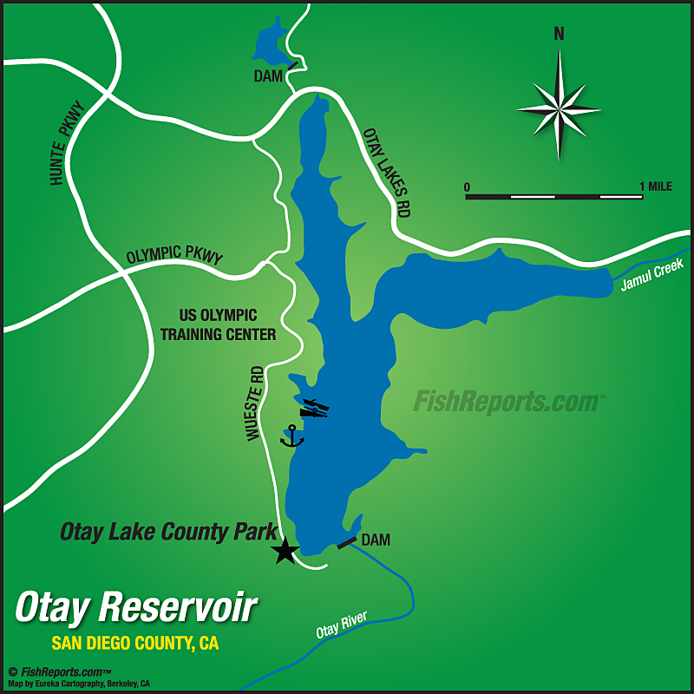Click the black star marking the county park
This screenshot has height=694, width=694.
click(285, 551)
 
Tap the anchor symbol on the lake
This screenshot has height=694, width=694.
click(292, 436)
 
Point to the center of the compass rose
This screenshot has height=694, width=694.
click(559, 109)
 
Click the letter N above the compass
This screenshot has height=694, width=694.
click(559, 35)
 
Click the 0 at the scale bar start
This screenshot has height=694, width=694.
click(467, 187)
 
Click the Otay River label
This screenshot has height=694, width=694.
click(341, 627)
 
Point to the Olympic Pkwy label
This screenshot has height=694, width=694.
click(174, 257)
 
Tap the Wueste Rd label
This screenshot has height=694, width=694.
click(254, 403)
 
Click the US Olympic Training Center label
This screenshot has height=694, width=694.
click(227, 325)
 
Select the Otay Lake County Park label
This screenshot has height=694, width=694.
click(168, 531)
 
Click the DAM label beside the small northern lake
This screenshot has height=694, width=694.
click(268, 77)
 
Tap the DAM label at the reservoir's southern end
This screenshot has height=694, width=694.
click(376, 540)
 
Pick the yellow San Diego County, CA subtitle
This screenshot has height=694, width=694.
click(134, 644)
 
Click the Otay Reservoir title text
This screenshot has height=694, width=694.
click(136, 607)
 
